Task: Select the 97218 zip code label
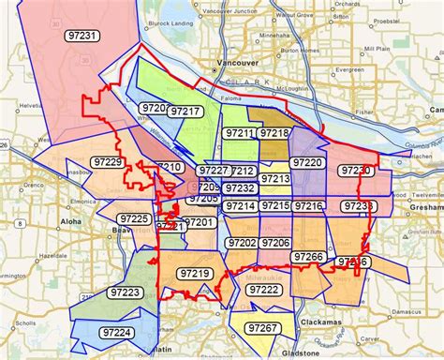[274, 134]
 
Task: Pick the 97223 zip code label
[125, 292]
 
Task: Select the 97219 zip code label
[195, 273]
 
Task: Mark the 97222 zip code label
[263, 291]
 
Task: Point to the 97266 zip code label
[307, 256]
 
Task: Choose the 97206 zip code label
[275, 243]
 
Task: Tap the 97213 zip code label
[275, 178]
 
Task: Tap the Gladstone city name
[305, 353]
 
